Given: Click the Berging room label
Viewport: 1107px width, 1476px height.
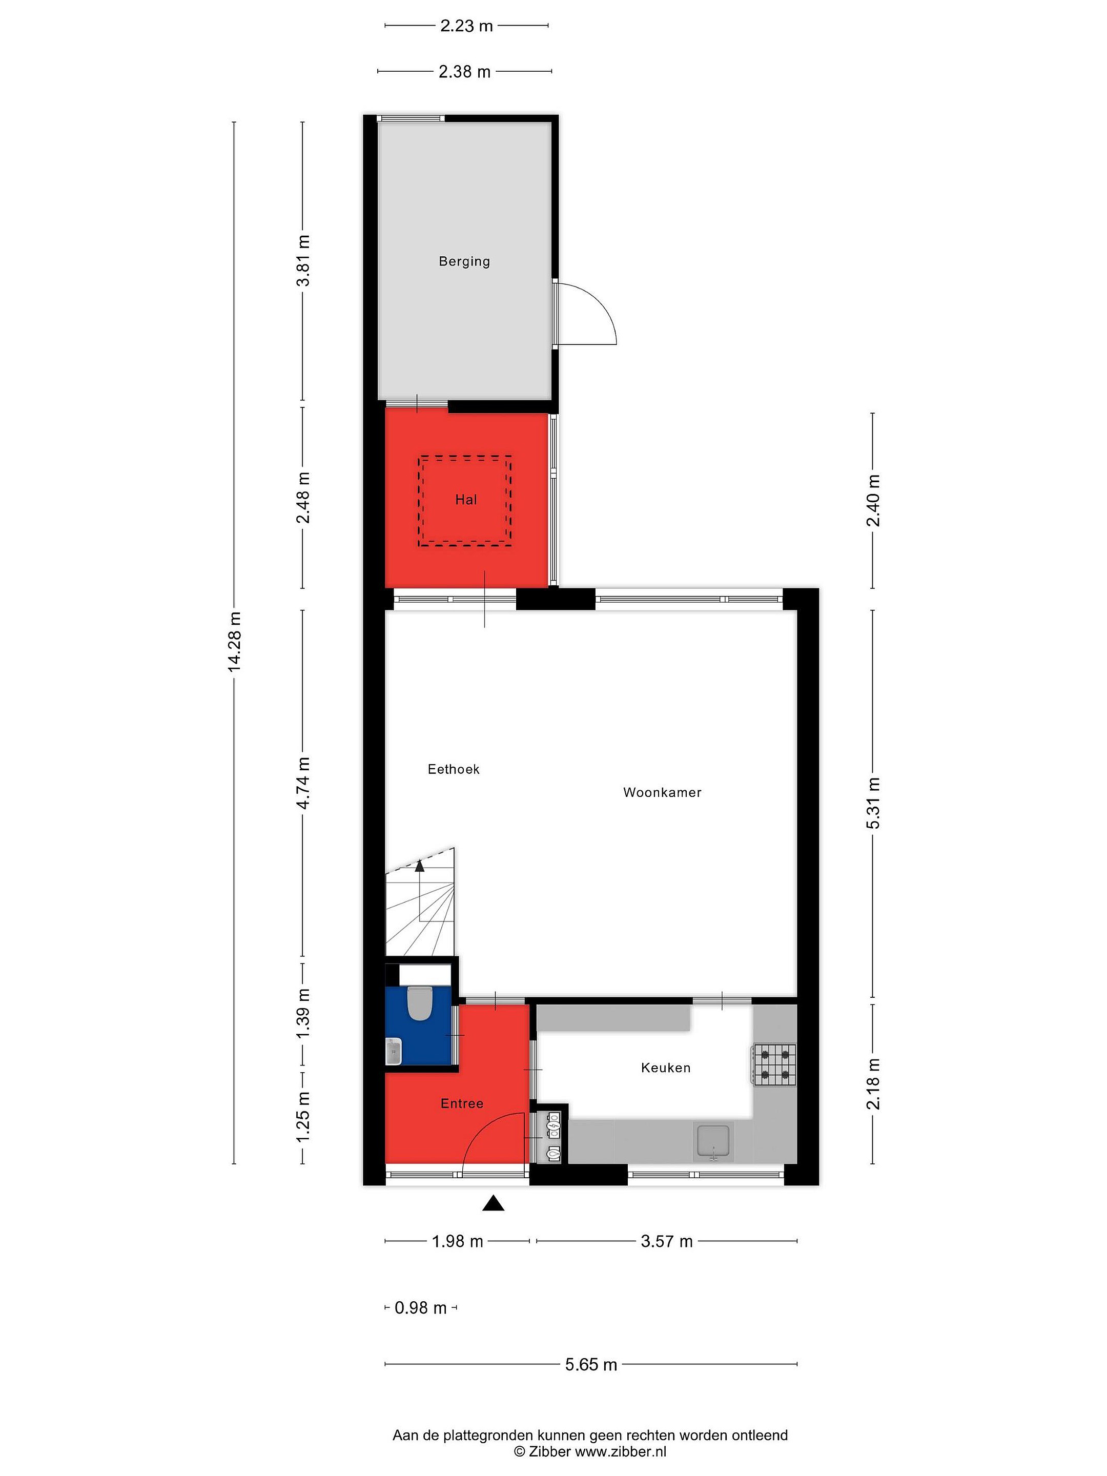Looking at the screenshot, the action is [464, 261].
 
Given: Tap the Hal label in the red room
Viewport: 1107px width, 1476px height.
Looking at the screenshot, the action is [466, 499].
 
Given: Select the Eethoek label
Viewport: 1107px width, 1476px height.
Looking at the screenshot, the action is [454, 769].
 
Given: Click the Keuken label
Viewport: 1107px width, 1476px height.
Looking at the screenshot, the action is [665, 1068].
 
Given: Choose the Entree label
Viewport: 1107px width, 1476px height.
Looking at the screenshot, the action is [462, 1103].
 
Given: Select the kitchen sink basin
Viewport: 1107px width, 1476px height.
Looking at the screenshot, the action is [714, 1140].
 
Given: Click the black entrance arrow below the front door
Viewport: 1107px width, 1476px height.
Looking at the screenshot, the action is [493, 1202].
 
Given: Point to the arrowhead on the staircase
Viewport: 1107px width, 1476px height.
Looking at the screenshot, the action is [420, 866].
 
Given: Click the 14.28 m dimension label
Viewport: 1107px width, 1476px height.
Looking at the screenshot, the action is [234, 641].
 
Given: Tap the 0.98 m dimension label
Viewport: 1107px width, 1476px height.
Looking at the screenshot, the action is [420, 1307].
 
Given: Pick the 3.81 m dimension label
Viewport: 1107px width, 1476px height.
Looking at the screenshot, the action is [303, 261].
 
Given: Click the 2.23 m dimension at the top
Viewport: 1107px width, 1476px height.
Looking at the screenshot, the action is [466, 26].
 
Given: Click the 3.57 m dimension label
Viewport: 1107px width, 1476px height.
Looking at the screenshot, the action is [667, 1241].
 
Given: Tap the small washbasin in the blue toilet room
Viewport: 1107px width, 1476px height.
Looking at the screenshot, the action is [394, 1051].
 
